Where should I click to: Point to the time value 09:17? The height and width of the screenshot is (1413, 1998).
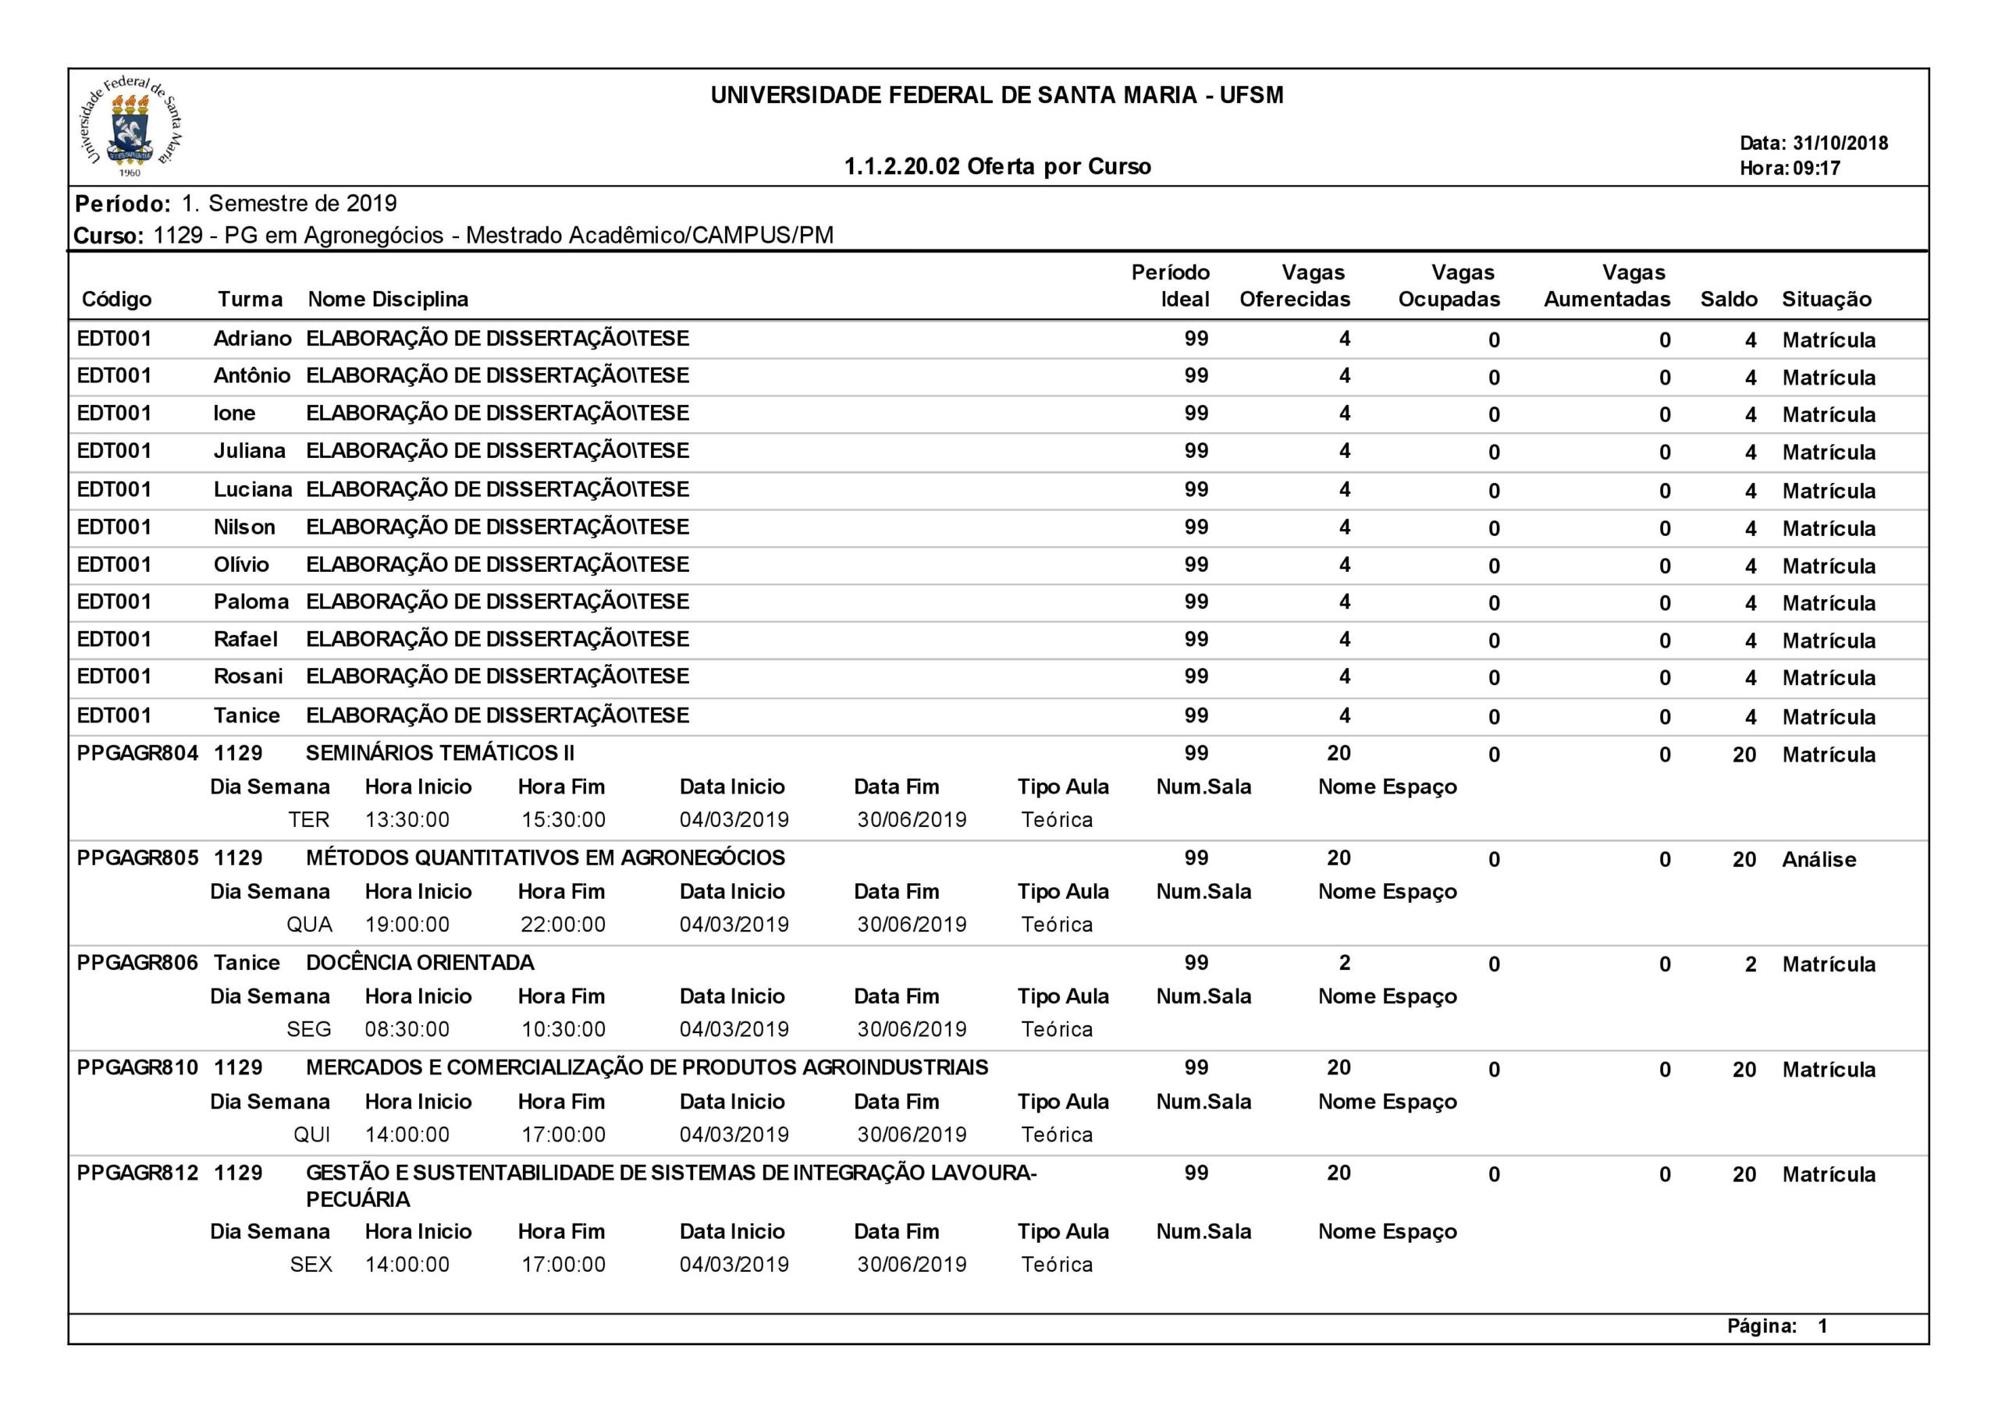1816,169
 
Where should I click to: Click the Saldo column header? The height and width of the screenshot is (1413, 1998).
1728,300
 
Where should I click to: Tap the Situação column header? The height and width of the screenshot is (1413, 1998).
1826,300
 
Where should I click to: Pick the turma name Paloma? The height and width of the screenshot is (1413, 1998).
251,602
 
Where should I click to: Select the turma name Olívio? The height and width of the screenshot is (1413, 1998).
241,565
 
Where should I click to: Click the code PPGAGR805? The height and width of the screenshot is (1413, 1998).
137,858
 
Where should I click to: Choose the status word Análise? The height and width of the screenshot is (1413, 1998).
1818,860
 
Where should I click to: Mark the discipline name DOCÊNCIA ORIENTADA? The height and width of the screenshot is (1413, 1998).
419,962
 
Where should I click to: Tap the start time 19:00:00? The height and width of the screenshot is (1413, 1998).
407,924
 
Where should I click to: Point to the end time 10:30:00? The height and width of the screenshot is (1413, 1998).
563,1029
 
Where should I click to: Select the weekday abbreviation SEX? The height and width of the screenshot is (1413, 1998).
311,1264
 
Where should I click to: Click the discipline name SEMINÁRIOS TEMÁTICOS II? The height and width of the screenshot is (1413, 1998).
439,753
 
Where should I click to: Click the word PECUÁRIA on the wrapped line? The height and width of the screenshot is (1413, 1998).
357,1200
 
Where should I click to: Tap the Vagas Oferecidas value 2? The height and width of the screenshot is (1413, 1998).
1345,962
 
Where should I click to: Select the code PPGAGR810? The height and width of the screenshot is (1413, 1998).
137,1067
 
